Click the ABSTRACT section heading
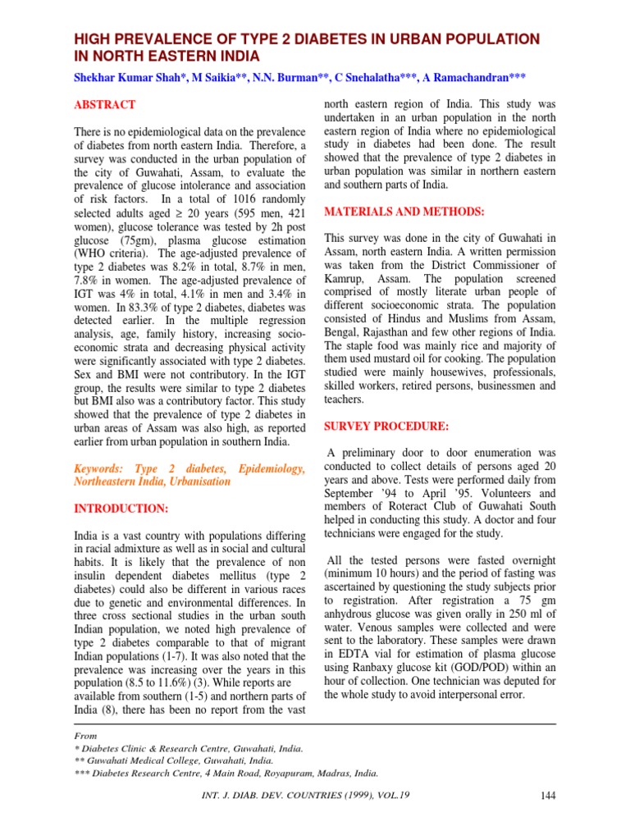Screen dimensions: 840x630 (105, 105)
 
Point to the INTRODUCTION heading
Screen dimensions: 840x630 (121, 509)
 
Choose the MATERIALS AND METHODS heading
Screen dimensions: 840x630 (404, 212)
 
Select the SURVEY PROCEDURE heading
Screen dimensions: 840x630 (386, 427)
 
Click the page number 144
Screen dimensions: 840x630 (549, 795)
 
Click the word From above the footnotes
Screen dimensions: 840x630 (86, 737)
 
